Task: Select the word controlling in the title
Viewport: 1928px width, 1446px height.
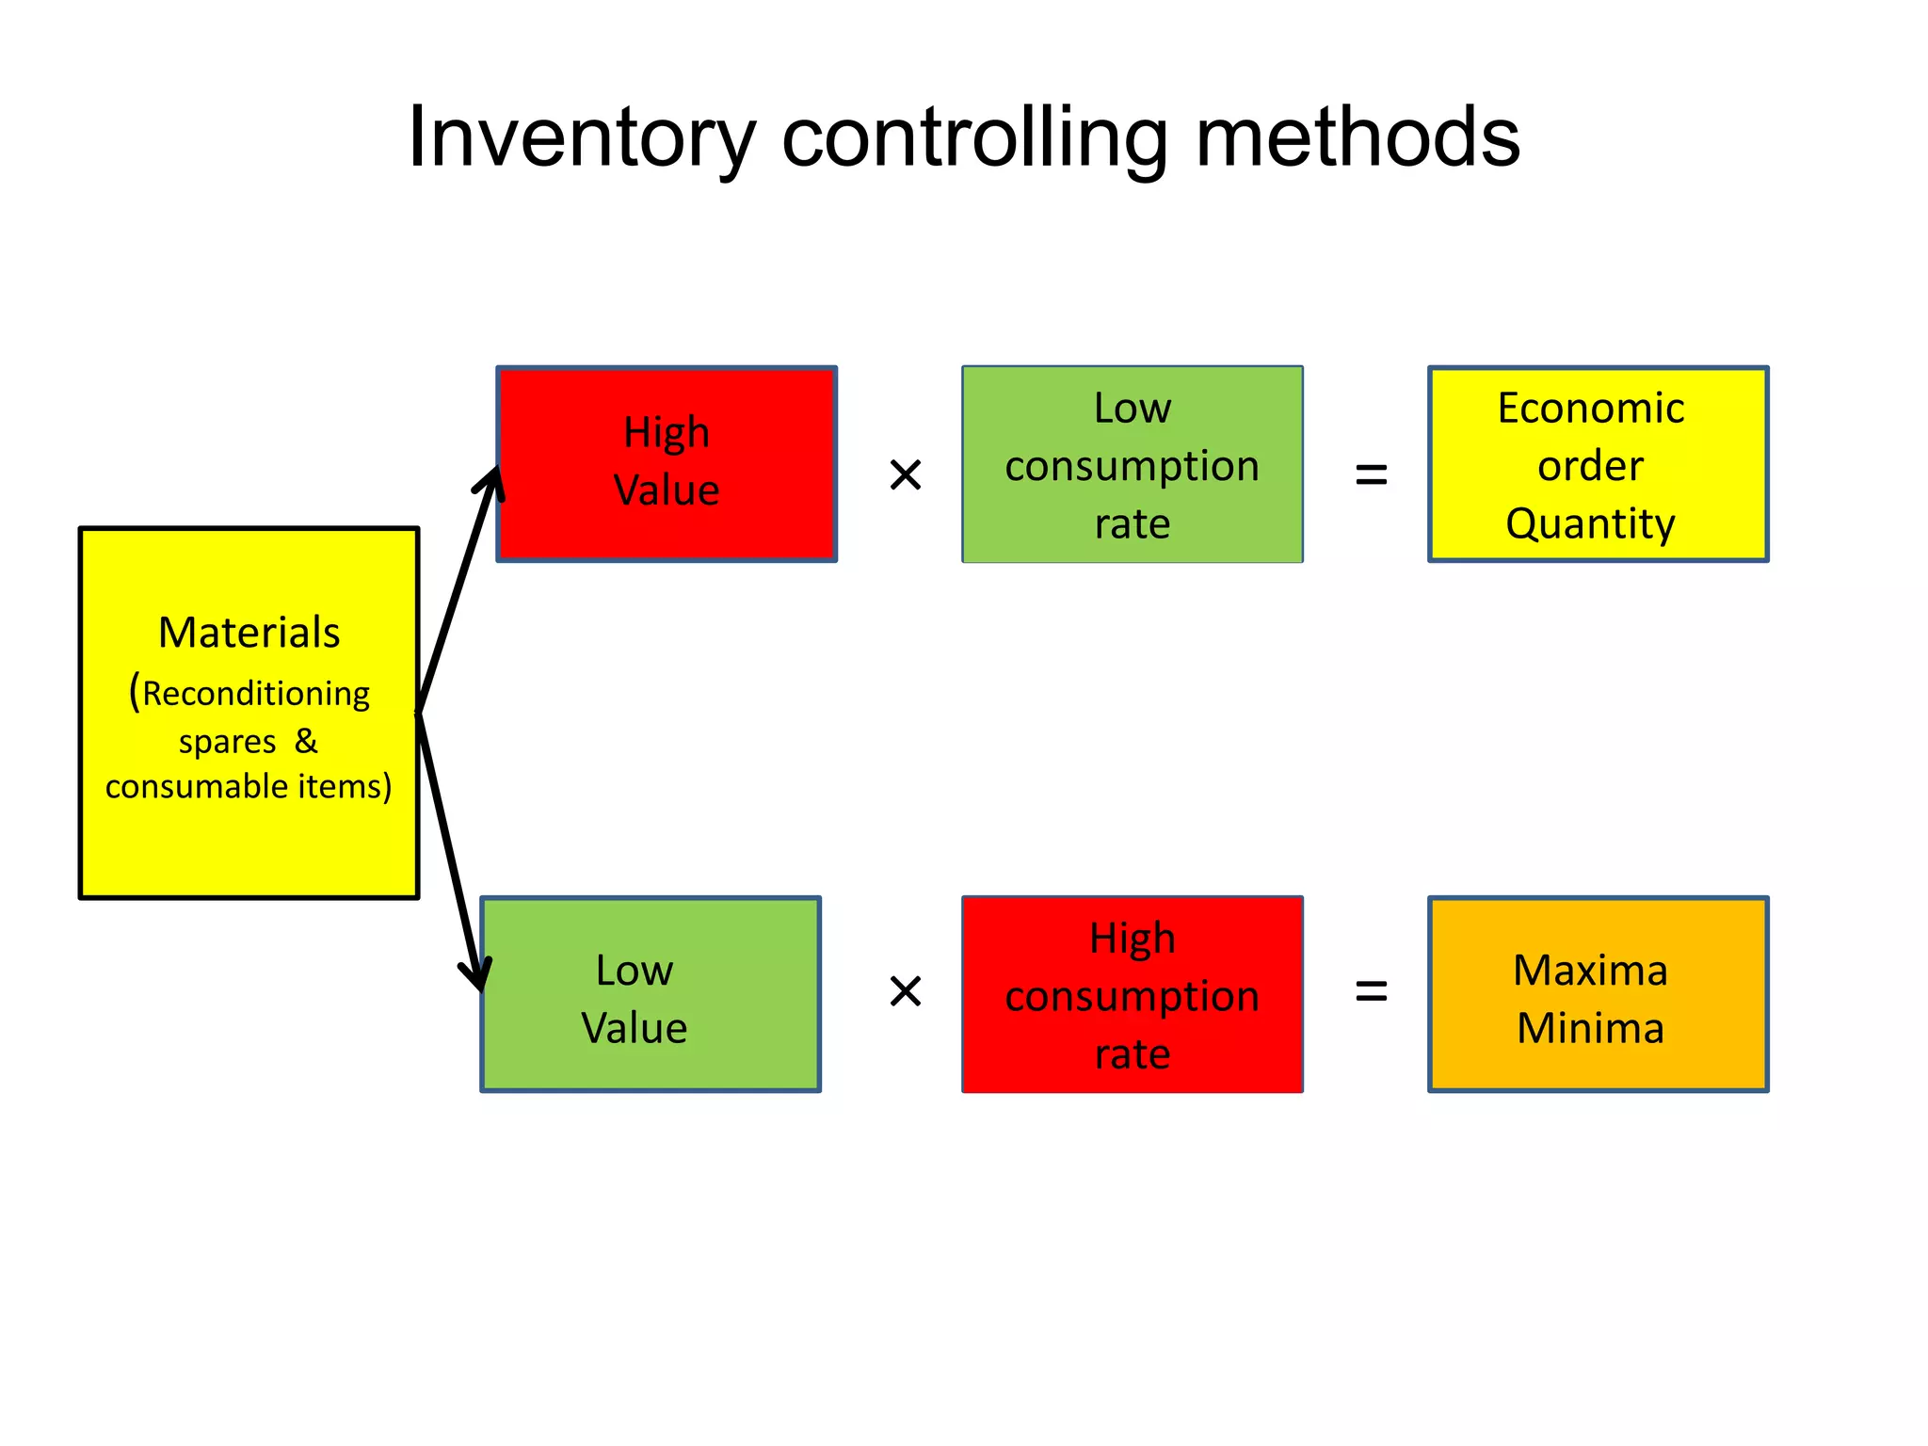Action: tap(975, 139)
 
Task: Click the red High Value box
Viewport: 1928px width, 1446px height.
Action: tap(667, 463)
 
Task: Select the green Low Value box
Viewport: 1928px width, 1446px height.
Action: tap(651, 994)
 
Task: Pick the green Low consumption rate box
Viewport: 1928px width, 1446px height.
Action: tap(1132, 464)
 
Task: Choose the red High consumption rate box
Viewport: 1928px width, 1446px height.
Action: tap(1132, 994)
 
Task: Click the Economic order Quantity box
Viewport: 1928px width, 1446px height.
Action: tap(1598, 464)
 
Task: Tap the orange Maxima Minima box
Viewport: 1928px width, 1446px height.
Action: tap(1598, 994)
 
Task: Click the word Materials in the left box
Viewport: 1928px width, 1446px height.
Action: tap(249, 633)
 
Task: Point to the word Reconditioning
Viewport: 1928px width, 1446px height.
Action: tap(256, 694)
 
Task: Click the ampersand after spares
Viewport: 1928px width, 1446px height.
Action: tap(306, 741)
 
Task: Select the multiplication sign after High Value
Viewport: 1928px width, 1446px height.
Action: tap(905, 474)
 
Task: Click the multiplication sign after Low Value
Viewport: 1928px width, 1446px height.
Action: tap(905, 990)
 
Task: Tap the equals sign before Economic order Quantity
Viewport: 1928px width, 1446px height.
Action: tap(1371, 474)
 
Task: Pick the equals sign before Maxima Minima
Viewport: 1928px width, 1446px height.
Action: tap(1371, 990)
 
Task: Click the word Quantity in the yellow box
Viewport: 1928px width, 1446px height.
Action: tap(1590, 523)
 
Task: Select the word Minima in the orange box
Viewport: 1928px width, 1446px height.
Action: tap(1590, 1027)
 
